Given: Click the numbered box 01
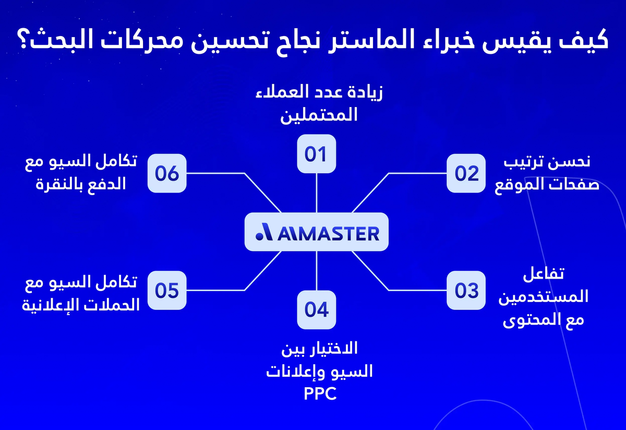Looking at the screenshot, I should coord(316,154).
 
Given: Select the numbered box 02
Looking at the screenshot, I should coord(466,173).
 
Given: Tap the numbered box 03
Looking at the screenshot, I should coord(466,290).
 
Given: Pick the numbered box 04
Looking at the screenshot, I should coord(316,309).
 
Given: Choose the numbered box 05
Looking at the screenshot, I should coord(167,290).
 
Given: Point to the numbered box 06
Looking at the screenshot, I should coord(167,173).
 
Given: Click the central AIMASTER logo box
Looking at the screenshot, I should coord(317,232).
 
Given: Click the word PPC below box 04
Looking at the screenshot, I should coord(320,393).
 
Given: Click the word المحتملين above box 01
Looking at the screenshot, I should coord(319,115).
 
